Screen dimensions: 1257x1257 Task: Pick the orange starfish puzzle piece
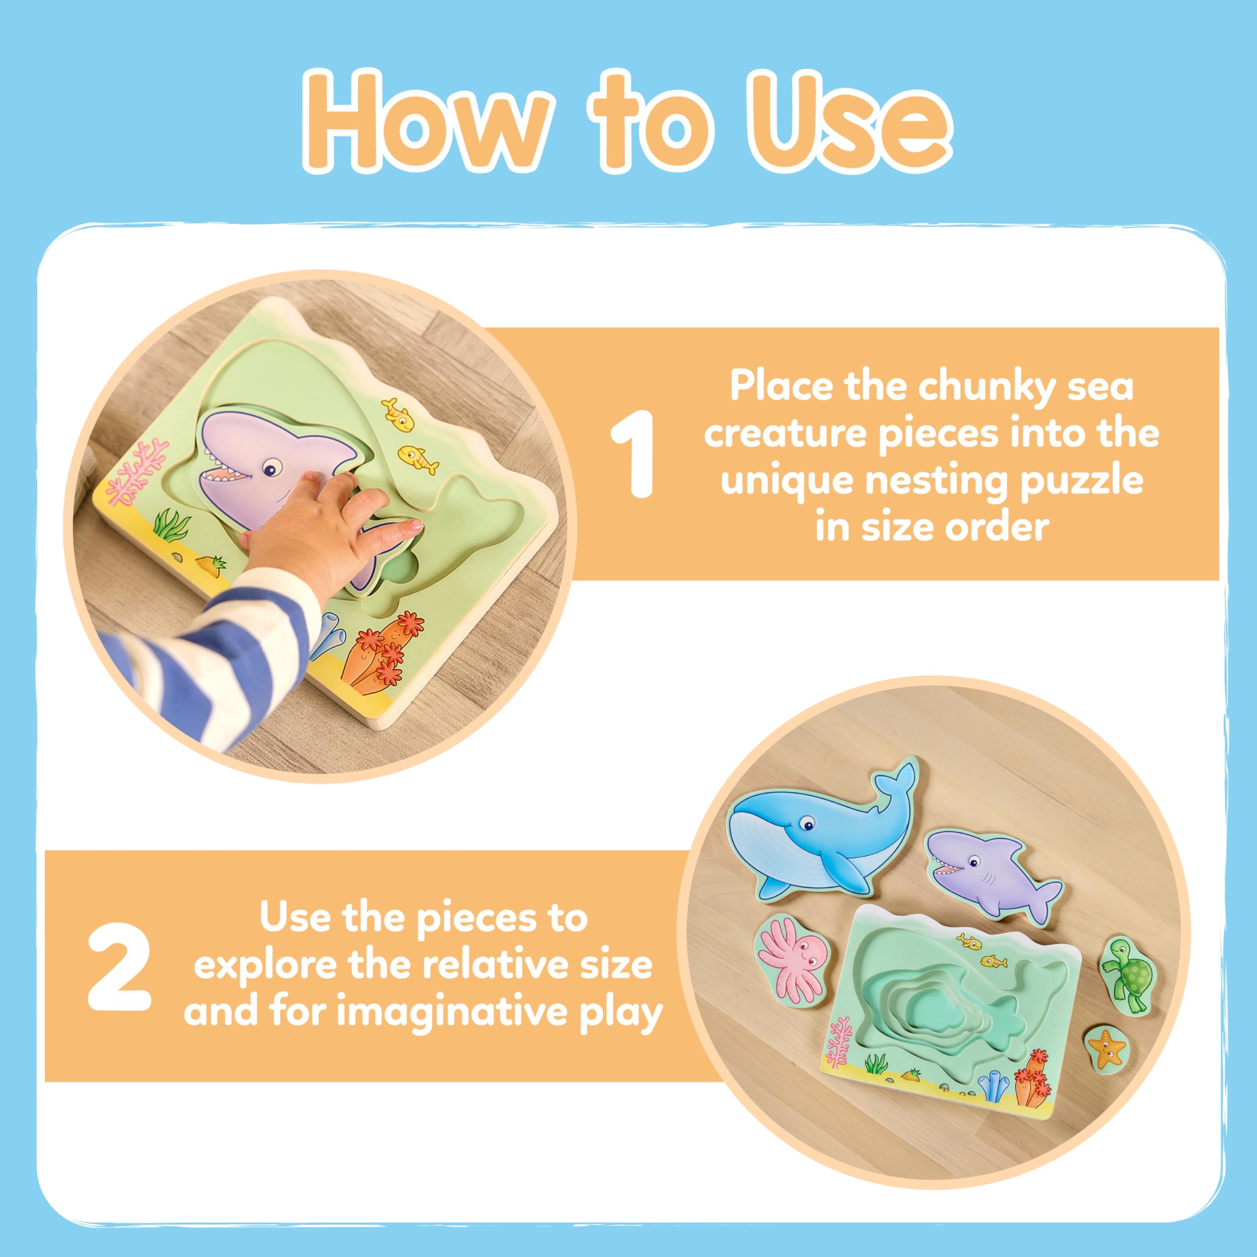(x=1109, y=1047)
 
